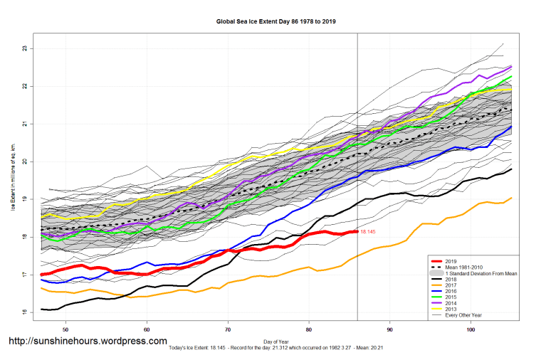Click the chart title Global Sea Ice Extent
click(276, 21)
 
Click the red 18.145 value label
click(368, 232)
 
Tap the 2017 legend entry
click(450, 285)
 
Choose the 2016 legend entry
click(450, 292)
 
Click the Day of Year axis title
click(276, 342)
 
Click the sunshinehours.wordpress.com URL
click(88, 342)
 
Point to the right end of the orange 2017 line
click(511, 198)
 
